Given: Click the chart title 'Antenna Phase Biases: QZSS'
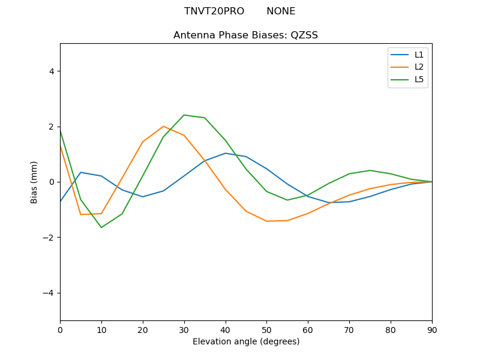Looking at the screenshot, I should tap(245, 35).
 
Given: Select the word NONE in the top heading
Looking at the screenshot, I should tap(281, 11).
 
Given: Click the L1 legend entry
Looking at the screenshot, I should tap(419, 55).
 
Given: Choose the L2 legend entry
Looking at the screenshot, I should tap(419, 67).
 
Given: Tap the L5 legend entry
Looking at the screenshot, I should tap(419, 79).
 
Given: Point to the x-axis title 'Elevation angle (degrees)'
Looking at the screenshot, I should tap(245, 342).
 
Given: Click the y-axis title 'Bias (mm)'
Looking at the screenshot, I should tap(34, 182).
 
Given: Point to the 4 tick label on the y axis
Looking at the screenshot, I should tap(51, 71).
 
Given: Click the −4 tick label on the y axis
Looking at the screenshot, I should tap(49, 293).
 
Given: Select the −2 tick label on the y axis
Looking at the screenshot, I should tap(49, 238).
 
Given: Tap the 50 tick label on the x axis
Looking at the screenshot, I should tap(266, 329).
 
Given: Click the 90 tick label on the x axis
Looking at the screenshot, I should tap(431, 329).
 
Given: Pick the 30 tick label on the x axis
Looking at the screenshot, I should tap(184, 329).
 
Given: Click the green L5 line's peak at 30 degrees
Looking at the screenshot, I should tap(184, 115).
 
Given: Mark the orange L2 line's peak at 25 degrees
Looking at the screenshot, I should tap(163, 127).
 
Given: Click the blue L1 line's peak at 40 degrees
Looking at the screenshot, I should tap(225, 153).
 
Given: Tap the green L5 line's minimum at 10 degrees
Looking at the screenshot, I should tap(101, 227).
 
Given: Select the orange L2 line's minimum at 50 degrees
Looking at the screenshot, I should tap(266, 221).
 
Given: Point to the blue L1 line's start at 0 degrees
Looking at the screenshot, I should tap(61, 201).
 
